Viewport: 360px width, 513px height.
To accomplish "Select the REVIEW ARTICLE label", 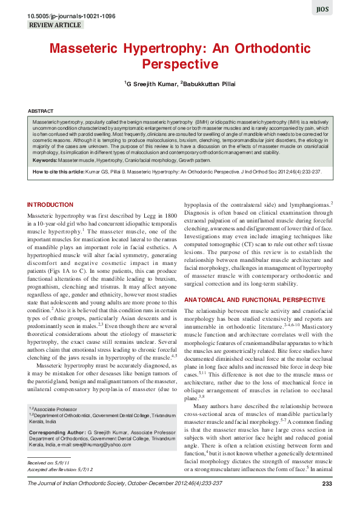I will [55, 25].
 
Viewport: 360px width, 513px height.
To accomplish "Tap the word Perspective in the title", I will [179, 63].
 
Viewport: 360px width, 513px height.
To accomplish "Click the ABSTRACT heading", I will [41, 112].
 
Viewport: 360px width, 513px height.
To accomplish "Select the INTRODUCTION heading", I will [50, 205].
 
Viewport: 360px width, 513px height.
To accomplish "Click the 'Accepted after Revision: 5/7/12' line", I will [59, 469].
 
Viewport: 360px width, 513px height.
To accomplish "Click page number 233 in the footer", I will [327, 483].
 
